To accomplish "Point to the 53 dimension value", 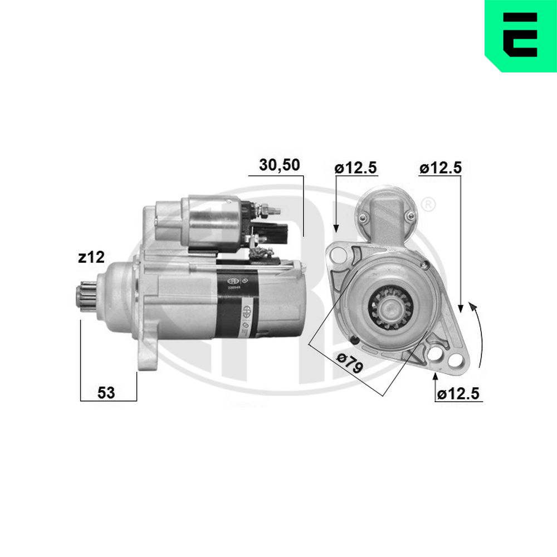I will tap(106, 392).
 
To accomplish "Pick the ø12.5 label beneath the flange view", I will tap(458, 394).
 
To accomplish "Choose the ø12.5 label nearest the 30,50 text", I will tap(356, 168).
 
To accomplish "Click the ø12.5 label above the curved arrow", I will tap(441, 168).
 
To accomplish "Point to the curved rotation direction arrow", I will tap(479, 334).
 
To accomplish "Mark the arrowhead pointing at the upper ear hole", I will tap(336, 228).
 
